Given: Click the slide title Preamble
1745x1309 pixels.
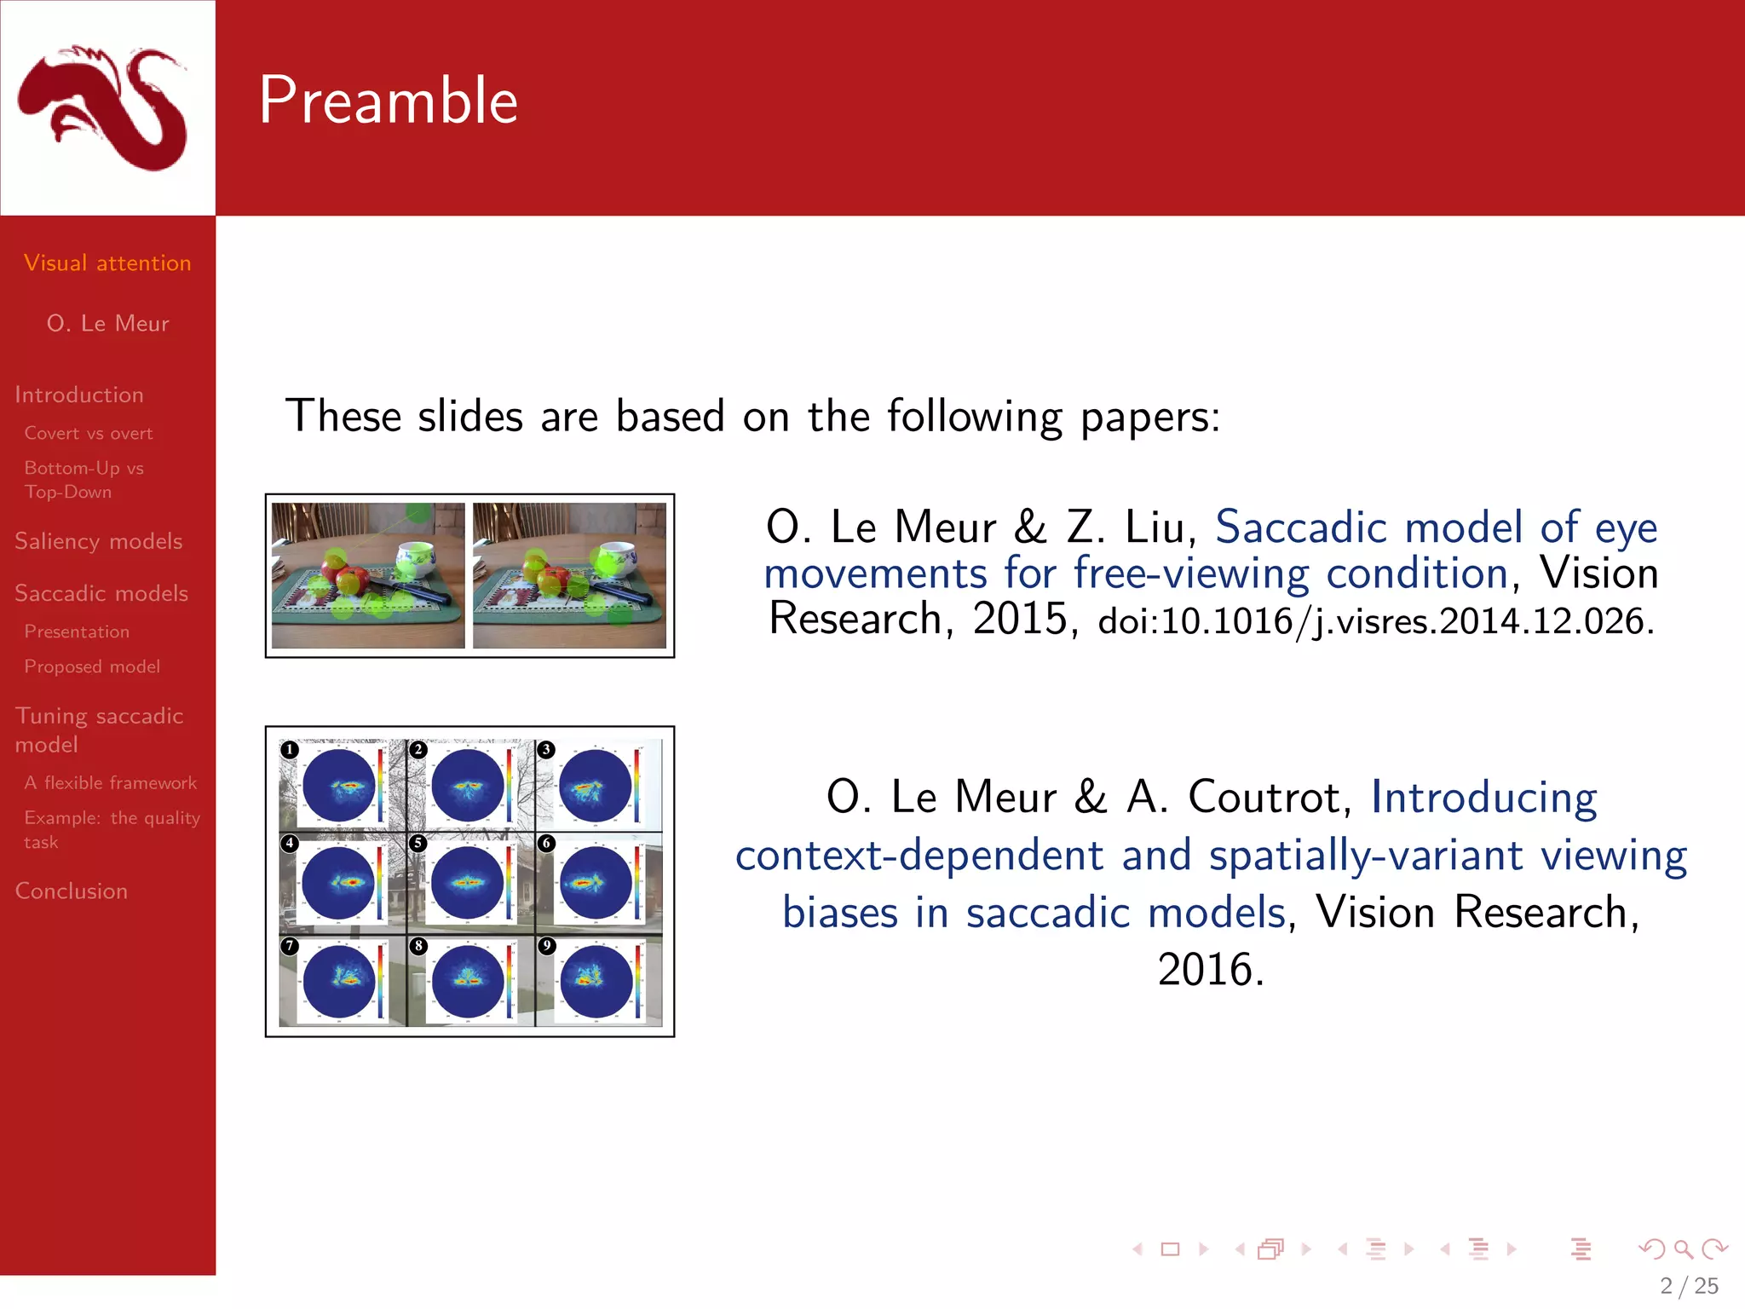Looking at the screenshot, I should click(x=388, y=101).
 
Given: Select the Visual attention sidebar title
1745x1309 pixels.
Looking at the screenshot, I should click(x=107, y=262).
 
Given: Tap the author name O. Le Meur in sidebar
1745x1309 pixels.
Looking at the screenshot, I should click(x=107, y=324).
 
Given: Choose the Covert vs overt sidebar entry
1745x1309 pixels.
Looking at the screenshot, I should click(x=89, y=433).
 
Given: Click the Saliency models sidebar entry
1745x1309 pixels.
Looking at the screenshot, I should click(x=99, y=541).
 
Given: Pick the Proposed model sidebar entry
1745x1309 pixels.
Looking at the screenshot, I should click(x=92, y=666).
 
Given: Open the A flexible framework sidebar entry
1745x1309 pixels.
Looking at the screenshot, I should click(x=111, y=782).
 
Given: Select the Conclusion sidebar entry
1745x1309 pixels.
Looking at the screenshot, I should click(x=72, y=891).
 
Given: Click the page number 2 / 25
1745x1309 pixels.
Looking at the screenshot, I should click(x=1689, y=1285).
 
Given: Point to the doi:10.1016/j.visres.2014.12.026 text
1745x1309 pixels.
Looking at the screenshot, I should click(x=1375, y=621).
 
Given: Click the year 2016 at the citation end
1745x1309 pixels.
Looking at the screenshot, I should click(x=1210, y=970).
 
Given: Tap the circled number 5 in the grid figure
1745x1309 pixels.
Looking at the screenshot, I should click(x=418, y=843).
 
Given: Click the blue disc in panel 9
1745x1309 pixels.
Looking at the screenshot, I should click(x=596, y=982).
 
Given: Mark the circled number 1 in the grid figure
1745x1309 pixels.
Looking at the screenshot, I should click(x=290, y=749).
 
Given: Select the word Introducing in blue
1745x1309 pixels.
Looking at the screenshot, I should click(x=1483, y=798).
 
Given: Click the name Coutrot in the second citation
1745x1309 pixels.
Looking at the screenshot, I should click(x=1270, y=798).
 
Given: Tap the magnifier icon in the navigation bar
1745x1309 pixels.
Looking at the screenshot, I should click(x=1683, y=1249).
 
